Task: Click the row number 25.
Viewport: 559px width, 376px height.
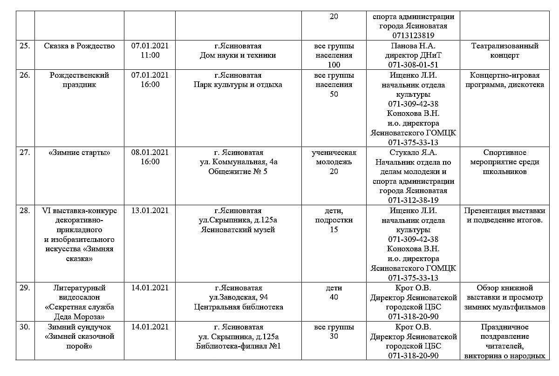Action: tap(25, 46)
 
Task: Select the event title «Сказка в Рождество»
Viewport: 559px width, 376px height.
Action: tap(79, 46)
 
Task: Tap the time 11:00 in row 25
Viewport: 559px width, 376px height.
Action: tap(150, 55)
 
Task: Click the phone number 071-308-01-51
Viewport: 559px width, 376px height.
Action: tap(413, 65)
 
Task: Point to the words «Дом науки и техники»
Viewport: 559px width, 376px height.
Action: tap(238, 55)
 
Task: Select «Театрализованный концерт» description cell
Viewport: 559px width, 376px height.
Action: tap(505, 51)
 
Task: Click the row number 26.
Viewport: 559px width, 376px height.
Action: tap(25, 75)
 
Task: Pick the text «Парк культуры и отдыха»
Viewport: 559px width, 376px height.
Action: tap(238, 85)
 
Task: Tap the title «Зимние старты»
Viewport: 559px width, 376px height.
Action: tap(79, 153)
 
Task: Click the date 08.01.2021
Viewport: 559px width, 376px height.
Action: tap(150, 153)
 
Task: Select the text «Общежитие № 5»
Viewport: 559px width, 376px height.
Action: tap(238, 172)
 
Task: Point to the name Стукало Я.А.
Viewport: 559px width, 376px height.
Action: tap(413, 153)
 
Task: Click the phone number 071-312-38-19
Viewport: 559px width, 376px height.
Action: tap(413, 201)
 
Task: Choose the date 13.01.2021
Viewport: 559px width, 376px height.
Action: tap(150, 210)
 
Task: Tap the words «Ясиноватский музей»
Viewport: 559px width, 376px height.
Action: tap(238, 229)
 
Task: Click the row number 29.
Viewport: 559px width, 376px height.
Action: tap(25, 288)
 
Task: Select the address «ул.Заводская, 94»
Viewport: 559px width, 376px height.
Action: tap(238, 297)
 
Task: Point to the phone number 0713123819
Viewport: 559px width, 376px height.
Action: tap(413, 35)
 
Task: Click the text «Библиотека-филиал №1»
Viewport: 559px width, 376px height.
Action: tap(238, 346)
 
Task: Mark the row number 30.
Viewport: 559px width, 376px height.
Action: tap(25, 327)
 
